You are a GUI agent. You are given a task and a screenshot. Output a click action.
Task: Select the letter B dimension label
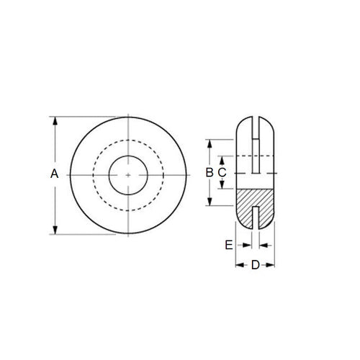coord(209,173)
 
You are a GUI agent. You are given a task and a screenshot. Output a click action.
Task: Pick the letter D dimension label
coord(256,265)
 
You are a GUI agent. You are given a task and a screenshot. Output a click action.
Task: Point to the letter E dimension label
coord(229,245)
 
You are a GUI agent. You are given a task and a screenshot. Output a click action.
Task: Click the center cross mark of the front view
coord(127,174)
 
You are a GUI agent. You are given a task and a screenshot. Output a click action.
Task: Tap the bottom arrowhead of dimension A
coord(55,228)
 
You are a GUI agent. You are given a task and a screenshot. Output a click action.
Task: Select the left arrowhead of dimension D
coord(240,265)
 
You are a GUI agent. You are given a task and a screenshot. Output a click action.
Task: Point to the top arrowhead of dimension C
coord(222,158)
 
